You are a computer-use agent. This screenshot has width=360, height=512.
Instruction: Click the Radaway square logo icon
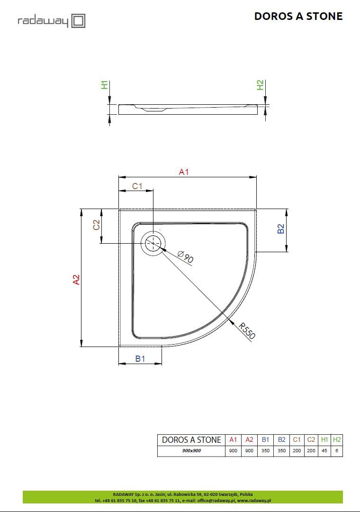[78, 21]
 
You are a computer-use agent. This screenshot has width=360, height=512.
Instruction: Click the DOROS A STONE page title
[298, 16]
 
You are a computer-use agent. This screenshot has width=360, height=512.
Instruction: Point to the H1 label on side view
[104, 85]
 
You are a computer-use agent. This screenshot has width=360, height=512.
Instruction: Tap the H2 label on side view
[260, 85]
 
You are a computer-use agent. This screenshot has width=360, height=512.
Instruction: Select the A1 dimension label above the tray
[184, 172]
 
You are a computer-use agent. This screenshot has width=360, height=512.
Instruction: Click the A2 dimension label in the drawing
[76, 280]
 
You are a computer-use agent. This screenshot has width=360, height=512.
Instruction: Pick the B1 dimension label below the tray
[140, 358]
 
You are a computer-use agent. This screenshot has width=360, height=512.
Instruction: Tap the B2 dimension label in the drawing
[281, 229]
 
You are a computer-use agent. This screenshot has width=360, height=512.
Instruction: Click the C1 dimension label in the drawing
[137, 186]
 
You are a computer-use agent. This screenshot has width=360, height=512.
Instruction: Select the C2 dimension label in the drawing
[96, 225]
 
